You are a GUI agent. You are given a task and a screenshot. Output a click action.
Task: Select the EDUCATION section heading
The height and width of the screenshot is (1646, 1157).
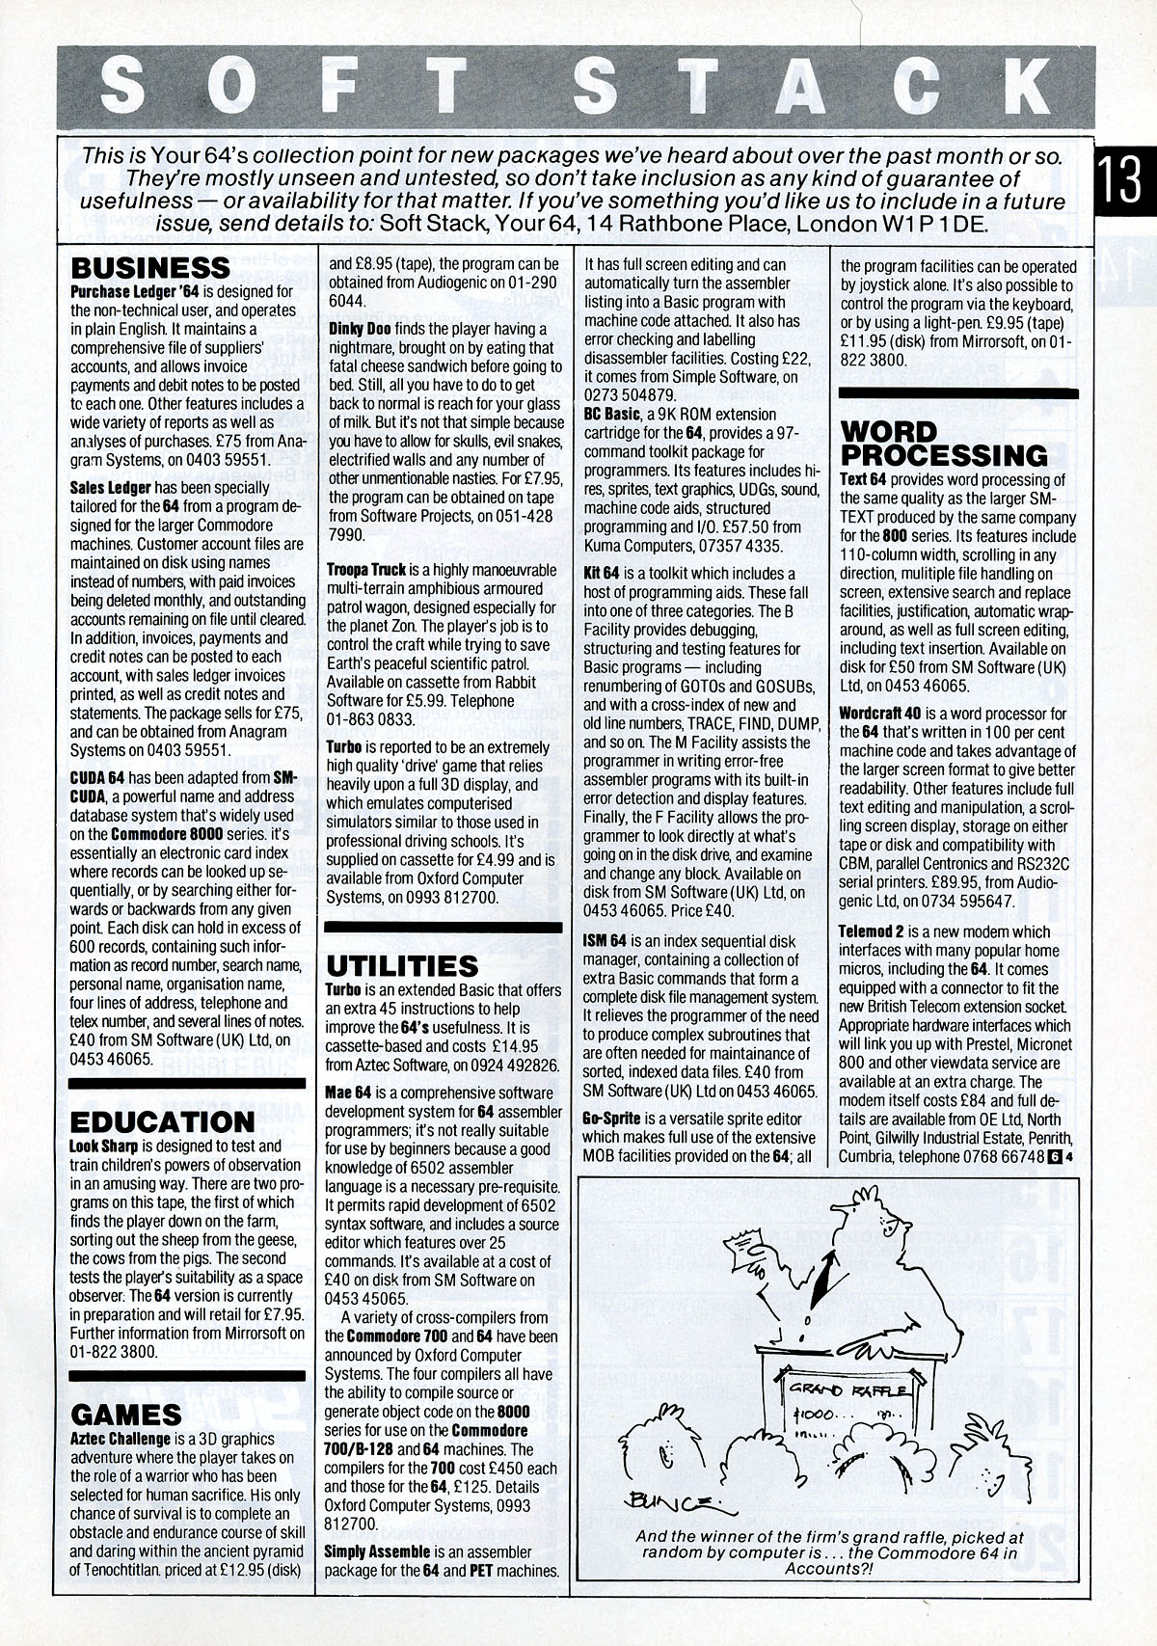(161, 1122)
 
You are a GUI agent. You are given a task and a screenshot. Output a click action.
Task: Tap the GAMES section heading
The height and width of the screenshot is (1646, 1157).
(126, 1415)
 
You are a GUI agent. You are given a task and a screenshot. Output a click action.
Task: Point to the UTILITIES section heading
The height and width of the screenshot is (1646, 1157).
(402, 965)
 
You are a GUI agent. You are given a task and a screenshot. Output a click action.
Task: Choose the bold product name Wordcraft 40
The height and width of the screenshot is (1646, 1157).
(881, 715)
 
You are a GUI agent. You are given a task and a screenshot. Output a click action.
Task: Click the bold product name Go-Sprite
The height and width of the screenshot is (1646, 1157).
(612, 1120)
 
